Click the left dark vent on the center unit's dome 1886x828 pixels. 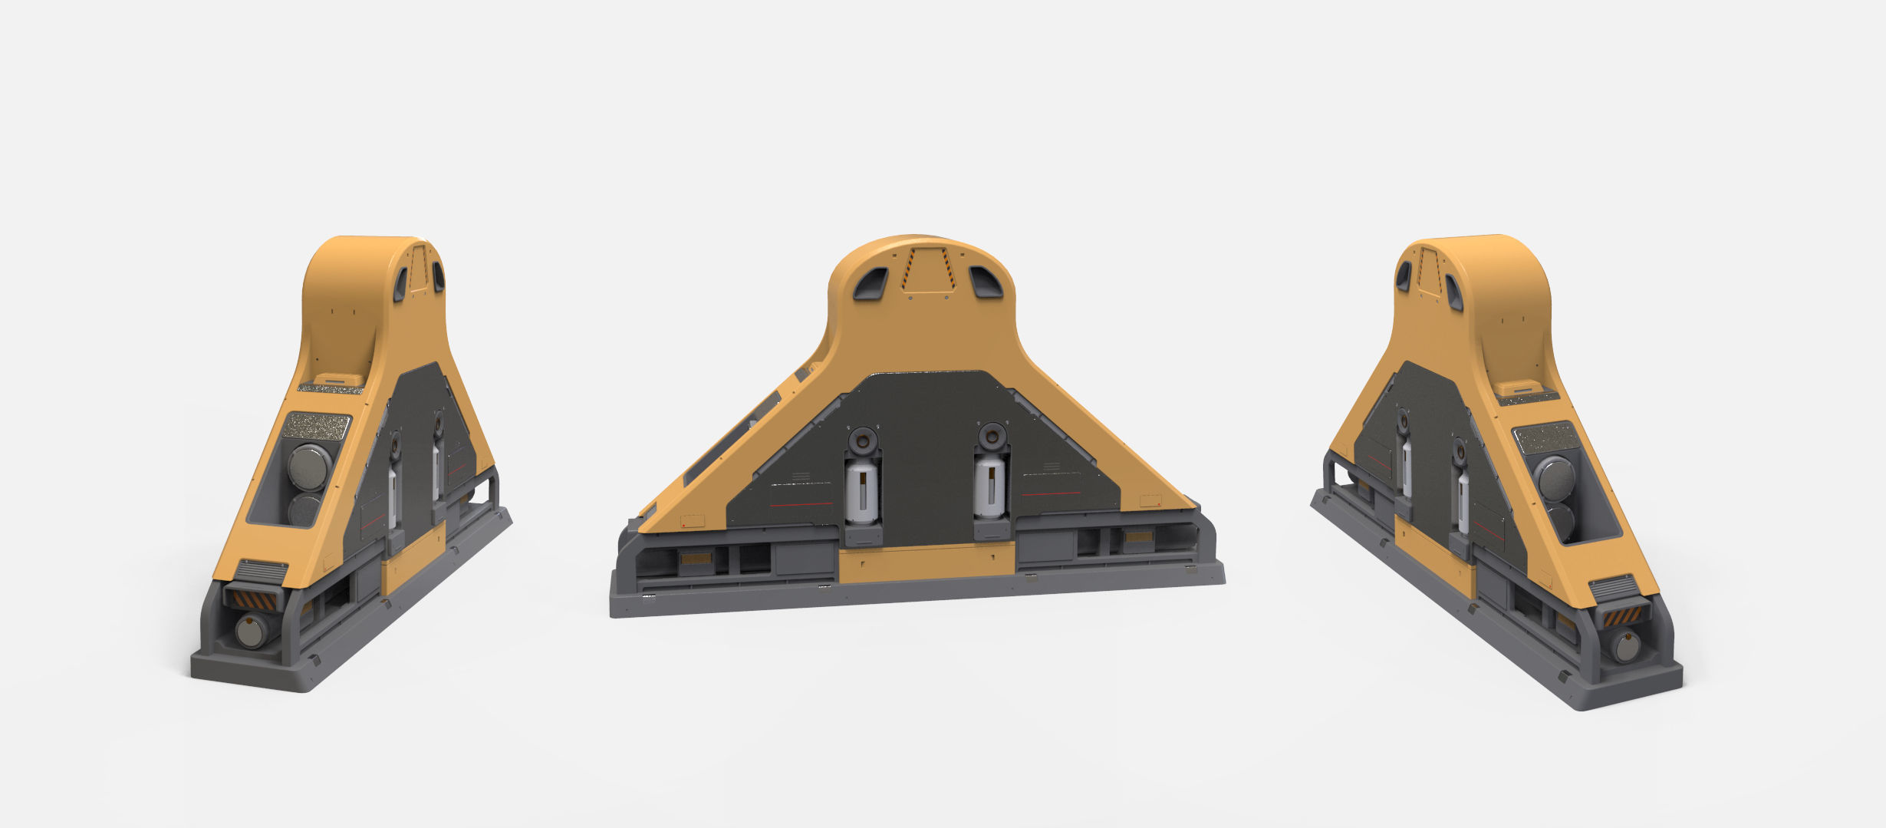click(871, 284)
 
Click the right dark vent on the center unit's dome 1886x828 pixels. click(986, 283)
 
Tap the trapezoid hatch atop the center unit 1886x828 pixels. click(928, 271)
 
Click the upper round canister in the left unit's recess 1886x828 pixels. click(309, 465)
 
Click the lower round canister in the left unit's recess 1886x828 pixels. click(304, 509)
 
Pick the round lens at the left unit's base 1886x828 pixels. click(250, 632)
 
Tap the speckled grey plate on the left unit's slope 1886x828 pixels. click(317, 424)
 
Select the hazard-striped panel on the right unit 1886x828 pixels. click(1625, 614)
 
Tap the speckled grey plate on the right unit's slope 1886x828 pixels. click(1545, 437)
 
